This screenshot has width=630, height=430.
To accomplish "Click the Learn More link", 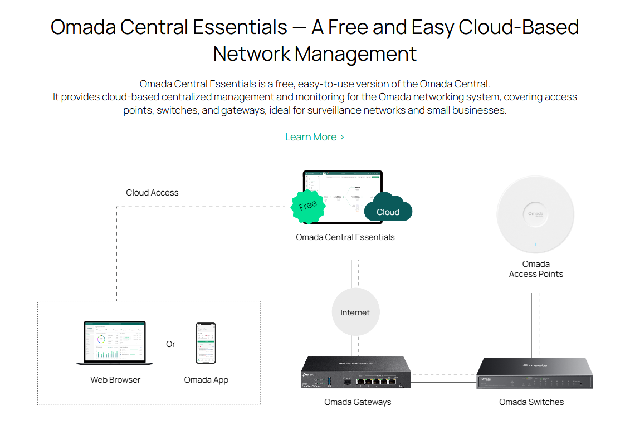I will (x=314, y=137).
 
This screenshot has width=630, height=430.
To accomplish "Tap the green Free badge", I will (x=308, y=206).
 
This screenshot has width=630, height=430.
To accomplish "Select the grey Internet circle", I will (x=355, y=312).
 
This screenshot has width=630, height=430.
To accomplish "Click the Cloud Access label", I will (x=152, y=193).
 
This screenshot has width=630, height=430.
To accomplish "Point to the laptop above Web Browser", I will (x=115, y=343).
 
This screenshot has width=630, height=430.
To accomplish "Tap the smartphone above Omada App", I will (x=206, y=343).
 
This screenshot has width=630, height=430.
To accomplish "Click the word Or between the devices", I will (x=170, y=344).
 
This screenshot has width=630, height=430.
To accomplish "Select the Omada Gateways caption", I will (x=358, y=402).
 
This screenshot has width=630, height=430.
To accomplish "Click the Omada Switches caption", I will (x=531, y=402).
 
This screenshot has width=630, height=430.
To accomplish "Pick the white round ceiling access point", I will (x=535, y=214).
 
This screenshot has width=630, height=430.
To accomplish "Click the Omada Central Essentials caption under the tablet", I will (x=345, y=237).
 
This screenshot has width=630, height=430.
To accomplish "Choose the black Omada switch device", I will (x=534, y=373).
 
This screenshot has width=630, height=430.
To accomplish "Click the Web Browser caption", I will (x=115, y=380).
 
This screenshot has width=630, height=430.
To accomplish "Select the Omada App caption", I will (x=206, y=380).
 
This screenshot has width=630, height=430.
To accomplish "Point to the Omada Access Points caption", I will (x=536, y=269).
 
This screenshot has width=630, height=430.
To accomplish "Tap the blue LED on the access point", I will (x=535, y=244).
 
